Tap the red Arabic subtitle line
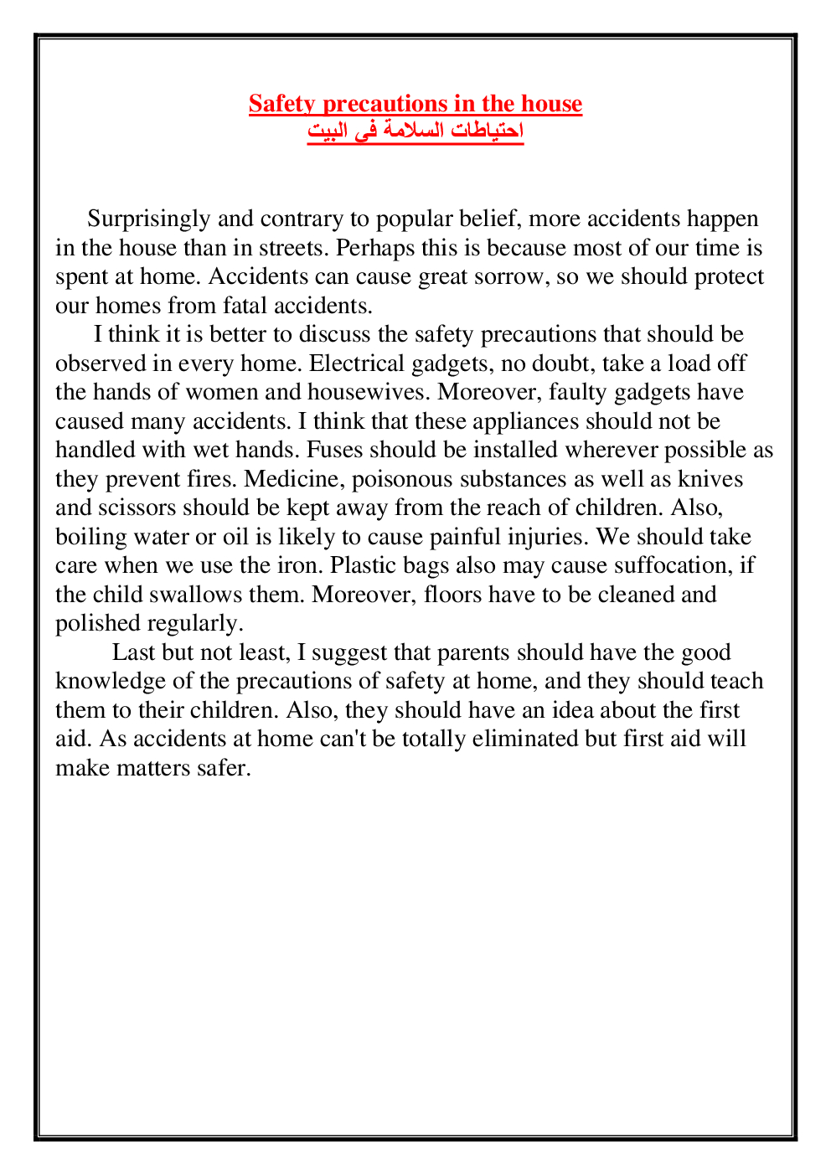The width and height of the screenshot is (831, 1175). [415, 131]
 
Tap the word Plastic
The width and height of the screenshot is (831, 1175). [364, 565]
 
